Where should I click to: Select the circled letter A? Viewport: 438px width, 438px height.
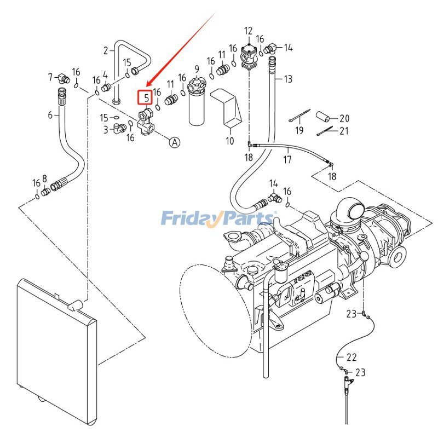coord(174,142)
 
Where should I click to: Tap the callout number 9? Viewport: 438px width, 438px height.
coord(196,69)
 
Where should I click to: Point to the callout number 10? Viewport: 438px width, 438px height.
coord(230,141)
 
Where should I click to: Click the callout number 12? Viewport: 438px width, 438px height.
coord(248,31)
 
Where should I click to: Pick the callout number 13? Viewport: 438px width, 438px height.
coord(288,79)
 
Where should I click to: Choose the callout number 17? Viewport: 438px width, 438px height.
coord(287,160)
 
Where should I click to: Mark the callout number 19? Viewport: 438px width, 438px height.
coord(299,130)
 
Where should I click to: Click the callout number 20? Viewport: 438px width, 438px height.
coord(344,118)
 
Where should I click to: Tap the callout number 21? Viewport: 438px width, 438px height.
coord(344,130)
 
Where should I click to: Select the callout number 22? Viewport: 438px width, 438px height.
coord(351,358)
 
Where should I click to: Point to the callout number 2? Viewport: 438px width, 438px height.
coord(106,51)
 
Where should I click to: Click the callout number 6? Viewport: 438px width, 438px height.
coord(50,115)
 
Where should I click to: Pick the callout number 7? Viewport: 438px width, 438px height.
coord(50,77)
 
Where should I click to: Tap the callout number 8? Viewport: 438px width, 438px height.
coord(45,178)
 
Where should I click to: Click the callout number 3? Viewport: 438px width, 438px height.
coord(106,130)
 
